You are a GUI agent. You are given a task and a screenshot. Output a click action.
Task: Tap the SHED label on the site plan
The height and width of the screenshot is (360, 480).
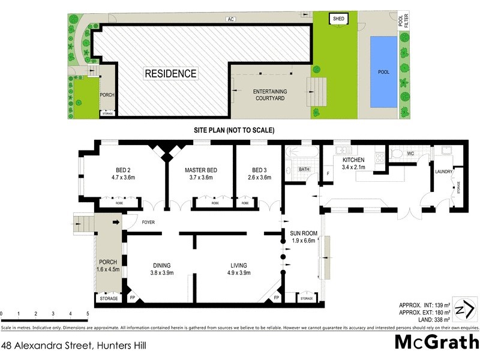point(338,19)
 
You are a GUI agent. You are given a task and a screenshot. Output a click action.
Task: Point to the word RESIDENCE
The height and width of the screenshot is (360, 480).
point(170,74)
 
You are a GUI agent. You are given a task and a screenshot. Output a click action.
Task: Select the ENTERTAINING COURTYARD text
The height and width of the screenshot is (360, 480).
point(271,95)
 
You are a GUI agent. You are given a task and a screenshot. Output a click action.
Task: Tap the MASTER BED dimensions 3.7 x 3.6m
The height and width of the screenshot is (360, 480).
point(200,178)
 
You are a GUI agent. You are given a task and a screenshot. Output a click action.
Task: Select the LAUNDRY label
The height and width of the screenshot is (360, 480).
point(443,171)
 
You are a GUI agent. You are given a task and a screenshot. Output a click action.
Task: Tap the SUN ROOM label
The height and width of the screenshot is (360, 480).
point(303,233)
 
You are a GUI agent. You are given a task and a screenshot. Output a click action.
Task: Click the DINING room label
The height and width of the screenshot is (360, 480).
point(161,265)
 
